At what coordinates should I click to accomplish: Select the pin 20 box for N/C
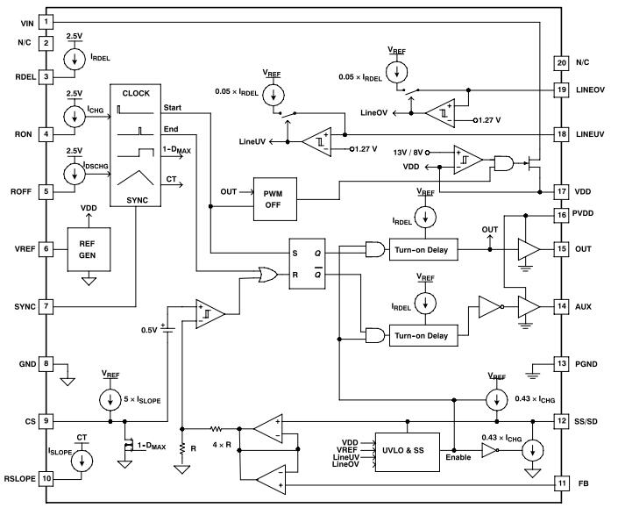pos(562,62)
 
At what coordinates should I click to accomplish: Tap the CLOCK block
pos(136,146)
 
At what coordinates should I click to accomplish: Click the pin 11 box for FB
pos(562,483)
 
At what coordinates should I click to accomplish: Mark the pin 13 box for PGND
pos(562,363)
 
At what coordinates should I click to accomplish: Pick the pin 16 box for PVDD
pos(562,214)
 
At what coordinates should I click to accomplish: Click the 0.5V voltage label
pos(148,331)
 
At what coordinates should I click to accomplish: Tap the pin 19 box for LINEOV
pos(562,89)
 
